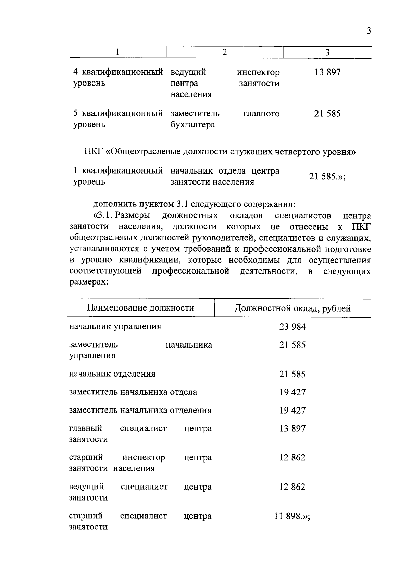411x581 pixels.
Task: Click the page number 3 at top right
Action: pyautogui.click(x=369, y=31)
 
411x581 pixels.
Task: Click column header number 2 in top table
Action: pyautogui.click(x=225, y=52)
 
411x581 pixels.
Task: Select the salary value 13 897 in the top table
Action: pyautogui.click(x=327, y=72)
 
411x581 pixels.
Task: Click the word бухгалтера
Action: pyautogui.click(x=192, y=125)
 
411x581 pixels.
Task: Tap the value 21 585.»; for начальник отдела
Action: pyautogui.click(x=327, y=177)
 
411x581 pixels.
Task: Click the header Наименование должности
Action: pyautogui.click(x=140, y=308)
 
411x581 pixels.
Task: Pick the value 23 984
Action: pyautogui.click(x=292, y=327)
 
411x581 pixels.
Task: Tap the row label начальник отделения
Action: pyautogui.click(x=112, y=374)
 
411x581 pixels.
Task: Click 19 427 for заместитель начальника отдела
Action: pyautogui.click(x=292, y=392)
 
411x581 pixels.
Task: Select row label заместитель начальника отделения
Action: pyautogui.click(x=140, y=410)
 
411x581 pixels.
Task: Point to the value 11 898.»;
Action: pyautogui.click(x=292, y=516)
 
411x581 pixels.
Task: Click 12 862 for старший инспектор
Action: pyautogui.click(x=292, y=458)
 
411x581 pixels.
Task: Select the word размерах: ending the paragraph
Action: pyautogui.click(x=89, y=282)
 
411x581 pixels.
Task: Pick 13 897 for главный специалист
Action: pyautogui.click(x=292, y=429)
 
